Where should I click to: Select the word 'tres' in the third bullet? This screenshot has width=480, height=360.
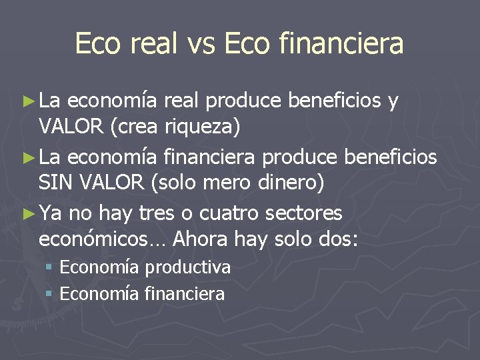click(160, 213)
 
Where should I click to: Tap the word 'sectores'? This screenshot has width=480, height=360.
click(303, 213)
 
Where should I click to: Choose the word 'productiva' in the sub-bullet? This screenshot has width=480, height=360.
click(188, 268)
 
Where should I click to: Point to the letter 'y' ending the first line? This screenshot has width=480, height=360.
click(393, 101)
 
